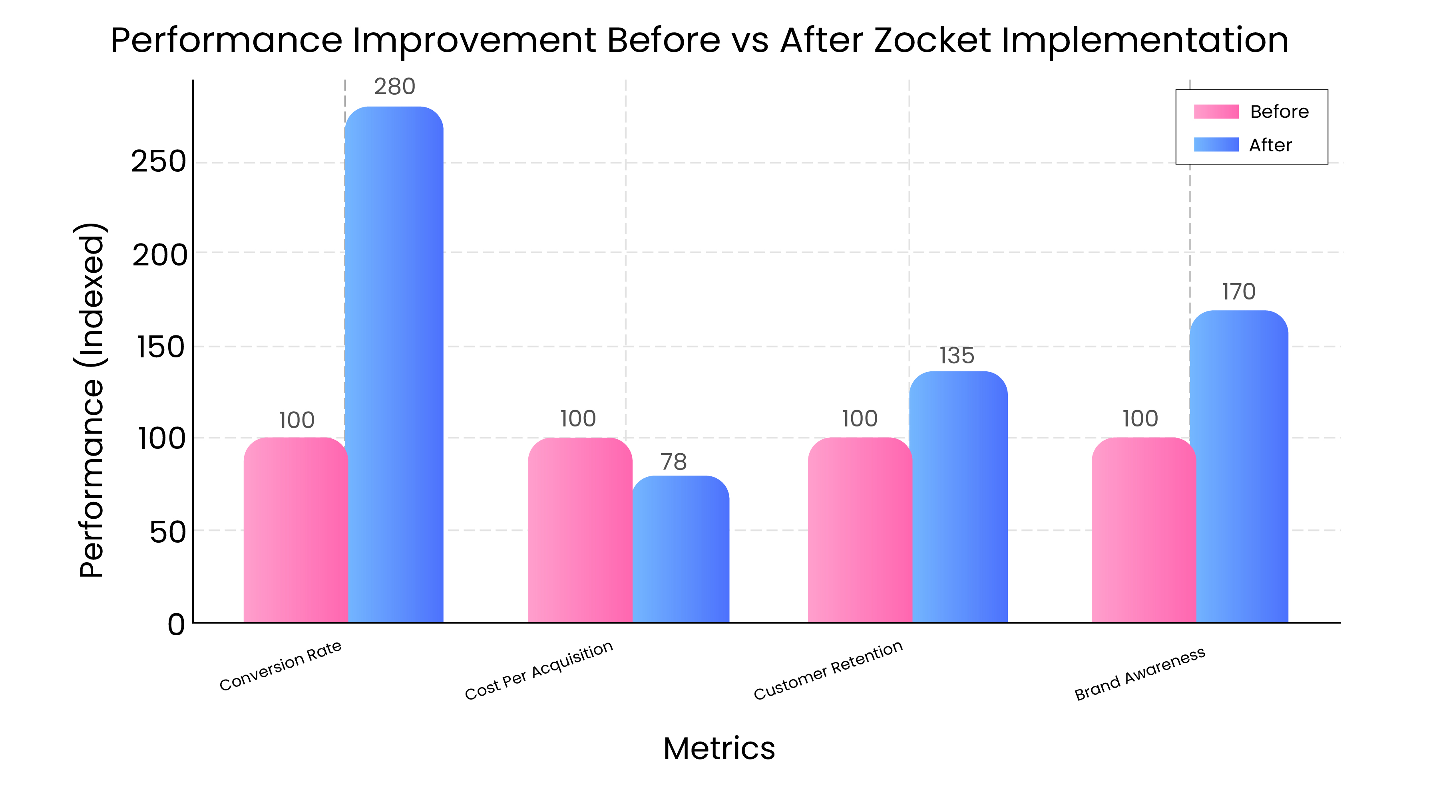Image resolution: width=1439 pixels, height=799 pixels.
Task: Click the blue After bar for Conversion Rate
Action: coord(394,363)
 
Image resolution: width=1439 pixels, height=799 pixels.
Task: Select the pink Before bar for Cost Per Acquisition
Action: coord(579,530)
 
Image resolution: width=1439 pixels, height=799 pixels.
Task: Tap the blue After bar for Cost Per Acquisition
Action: coord(681,550)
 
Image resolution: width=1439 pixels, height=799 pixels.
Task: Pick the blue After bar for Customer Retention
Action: coord(958,497)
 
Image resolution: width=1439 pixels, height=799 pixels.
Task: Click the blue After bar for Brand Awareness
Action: coord(1239,466)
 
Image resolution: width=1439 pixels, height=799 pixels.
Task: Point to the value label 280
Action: coord(394,87)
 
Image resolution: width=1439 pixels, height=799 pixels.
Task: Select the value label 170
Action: coord(1238,291)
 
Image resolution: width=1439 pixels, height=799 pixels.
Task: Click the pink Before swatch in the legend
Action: coord(1216,112)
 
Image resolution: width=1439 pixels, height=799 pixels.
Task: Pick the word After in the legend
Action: coord(1270,145)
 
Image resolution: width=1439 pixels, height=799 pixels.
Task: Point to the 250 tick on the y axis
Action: coord(158,162)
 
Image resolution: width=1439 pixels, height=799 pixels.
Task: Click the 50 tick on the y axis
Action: coord(167,532)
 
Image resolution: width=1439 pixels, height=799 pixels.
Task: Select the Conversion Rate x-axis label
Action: coord(281,666)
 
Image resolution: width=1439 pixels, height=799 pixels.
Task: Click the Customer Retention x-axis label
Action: coord(828,670)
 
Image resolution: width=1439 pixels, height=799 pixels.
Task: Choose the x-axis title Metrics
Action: coord(719,748)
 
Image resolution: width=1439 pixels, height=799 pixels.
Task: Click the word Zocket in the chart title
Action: coord(932,40)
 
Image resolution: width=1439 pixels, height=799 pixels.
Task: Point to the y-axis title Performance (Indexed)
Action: coord(90,400)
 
